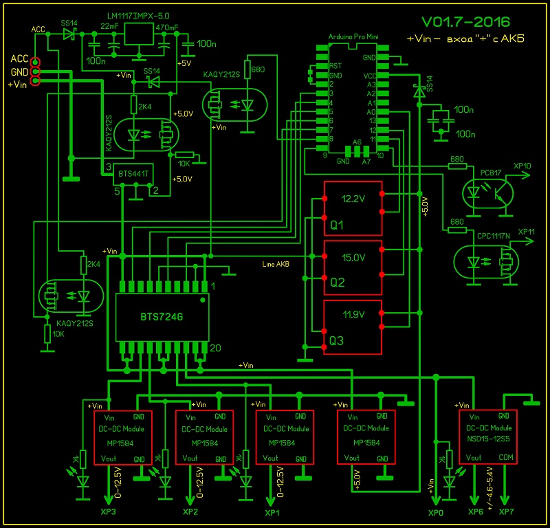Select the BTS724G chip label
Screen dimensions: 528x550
[162, 317]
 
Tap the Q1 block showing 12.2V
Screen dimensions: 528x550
[353, 210]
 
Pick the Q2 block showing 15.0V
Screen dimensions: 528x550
[353, 269]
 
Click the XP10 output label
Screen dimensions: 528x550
[525, 166]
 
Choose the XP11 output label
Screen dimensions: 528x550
[526, 232]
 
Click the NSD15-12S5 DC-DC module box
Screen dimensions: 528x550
[488, 437]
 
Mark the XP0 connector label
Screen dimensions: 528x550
[436, 513]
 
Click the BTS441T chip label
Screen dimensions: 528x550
[133, 174]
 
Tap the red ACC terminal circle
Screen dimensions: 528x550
[35, 61]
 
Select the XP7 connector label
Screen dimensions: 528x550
[506, 513]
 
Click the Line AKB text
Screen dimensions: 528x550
[276, 264]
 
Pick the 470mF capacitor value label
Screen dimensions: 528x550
[167, 27]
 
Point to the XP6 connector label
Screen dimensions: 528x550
[475, 513]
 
